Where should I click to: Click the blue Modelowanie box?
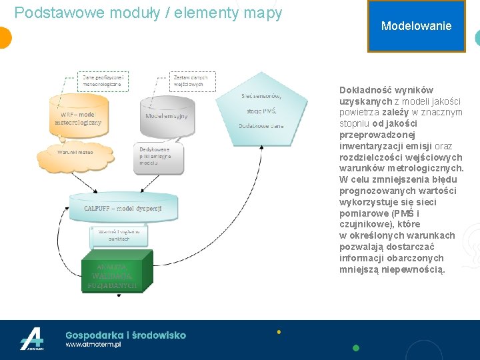pos(416,26)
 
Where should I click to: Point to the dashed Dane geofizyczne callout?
pos(103,81)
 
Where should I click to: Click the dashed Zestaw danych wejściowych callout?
pos(190,81)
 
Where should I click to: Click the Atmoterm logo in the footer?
pos(31,339)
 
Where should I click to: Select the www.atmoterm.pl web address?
pos(93,345)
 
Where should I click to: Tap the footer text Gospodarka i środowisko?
pos(125,335)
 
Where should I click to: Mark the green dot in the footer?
pos(356,347)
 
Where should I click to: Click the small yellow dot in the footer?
pos(279,331)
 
